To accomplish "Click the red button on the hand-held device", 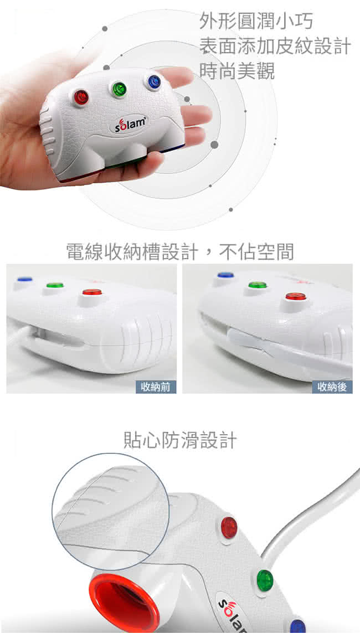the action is click(81, 97).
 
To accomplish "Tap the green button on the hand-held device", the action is click(119, 89).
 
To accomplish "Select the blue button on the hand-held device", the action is click(154, 82).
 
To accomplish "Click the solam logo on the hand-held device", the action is click(129, 124).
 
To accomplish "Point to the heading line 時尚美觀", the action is click(237, 71).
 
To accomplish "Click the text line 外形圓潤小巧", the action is click(256, 22).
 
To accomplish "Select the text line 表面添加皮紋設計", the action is click(275, 47).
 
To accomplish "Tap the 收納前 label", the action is click(156, 387).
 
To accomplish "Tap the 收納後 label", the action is click(332, 387).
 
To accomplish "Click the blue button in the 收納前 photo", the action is click(24, 279).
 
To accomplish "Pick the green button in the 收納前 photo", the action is click(55, 285).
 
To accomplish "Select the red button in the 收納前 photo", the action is click(92, 291).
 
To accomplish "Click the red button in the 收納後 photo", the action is click(296, 296).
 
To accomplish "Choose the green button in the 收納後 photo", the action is click(258, 285).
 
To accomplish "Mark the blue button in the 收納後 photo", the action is click(225, 275).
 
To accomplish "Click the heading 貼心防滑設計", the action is click(180, 440).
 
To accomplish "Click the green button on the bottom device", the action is click(265, 580).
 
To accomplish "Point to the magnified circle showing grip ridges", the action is click(111, 511).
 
